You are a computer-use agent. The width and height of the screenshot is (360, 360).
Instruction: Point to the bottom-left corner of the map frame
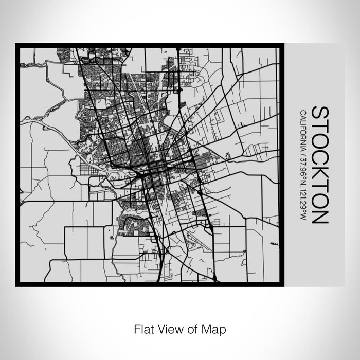(16, 285)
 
